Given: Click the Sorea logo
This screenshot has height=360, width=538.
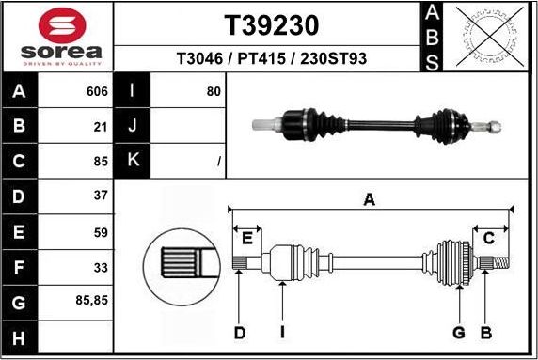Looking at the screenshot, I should click(x=56, y=37).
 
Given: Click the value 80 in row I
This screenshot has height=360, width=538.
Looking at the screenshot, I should click(x=213, y=92).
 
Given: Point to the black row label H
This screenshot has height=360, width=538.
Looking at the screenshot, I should click(x=19, y=337).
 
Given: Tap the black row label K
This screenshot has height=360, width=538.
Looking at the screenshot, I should click(x=133, y=161).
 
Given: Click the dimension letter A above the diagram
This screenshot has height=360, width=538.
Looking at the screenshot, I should click(x=370, y=199).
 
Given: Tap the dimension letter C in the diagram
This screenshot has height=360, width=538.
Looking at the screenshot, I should click(x=489, y=238).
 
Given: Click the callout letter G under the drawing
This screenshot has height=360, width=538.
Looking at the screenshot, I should click(x=459, y=332).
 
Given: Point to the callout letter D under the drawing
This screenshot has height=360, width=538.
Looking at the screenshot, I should click(x=239, y=332).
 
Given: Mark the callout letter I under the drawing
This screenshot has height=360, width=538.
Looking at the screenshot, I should click(x=281, y=332).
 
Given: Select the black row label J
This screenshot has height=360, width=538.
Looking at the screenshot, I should click(x=133, y=126).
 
